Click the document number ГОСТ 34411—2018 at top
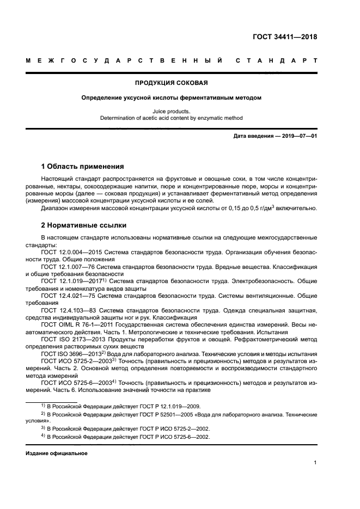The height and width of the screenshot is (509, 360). [x=285, y=37]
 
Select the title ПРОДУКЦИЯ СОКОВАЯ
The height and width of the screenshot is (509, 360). [x=172, y=83]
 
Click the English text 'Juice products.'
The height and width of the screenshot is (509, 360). [x=172, y=111]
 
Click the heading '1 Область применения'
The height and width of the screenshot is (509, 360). [x=82, y=166]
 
